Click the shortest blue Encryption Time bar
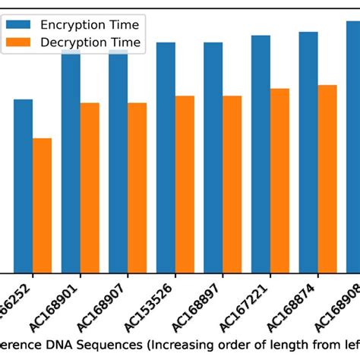tap(23, 186)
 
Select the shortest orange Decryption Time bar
tap(42, 205)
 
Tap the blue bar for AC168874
tap(308, 152)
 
